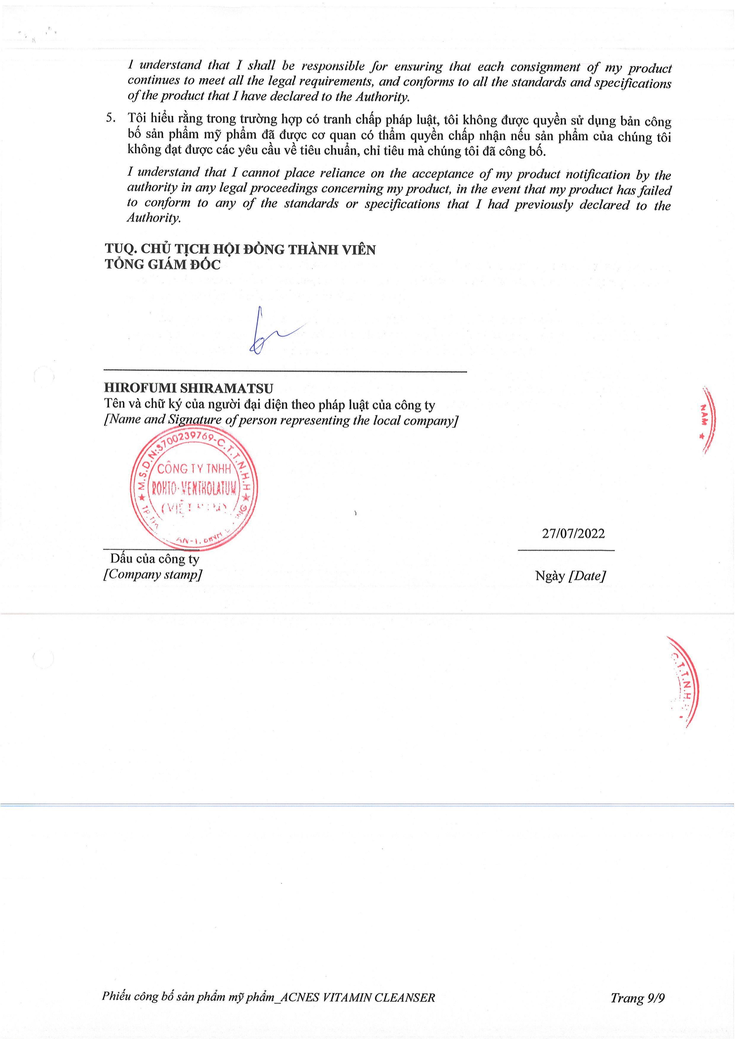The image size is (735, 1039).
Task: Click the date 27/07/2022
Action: (573, 534)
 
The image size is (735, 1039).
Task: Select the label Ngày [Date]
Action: (570, 576)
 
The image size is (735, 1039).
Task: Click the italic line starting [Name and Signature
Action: (281, 420)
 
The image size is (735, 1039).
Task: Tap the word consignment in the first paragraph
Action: (545, 67)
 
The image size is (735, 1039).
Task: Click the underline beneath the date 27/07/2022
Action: (566, 550)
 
